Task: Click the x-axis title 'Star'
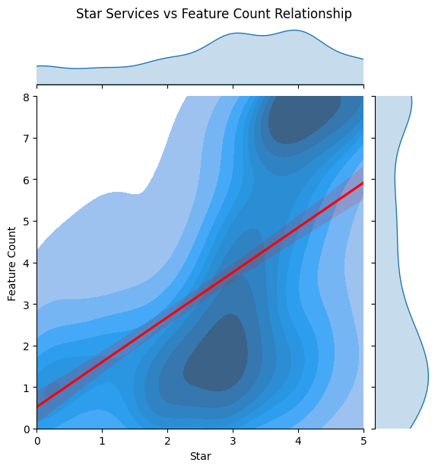pyautogui.click(x=200, y=456)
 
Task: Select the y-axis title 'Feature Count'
pyautogui.click(x=12, y=263)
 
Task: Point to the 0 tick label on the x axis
pyautogui.click(x=36, y=441)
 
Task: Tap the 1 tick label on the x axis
pyautogui.click(x=102, y=441)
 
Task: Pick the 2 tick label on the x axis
pyautogui.click(x=167, y=441)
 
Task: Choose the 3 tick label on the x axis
pyautogui.click(x=233, y=441)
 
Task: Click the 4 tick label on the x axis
pyautogui.click(x=298, y=441)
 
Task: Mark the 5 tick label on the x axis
pyautogui.click(x=363, y=441)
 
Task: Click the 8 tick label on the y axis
pyautogui.click(x=27, y=97)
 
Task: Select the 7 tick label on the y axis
pyautogui.click(x=27, y=139)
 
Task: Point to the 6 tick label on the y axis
pyautogui.click(x=27, y=180)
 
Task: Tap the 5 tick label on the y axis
pyautogui.click(x=27, y=222)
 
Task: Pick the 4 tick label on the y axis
pyautogui.click(x=27, y=263)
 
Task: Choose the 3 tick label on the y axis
pyautogui.click(x=27, y=305)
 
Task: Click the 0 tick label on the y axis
pyautogui.click(x=27, y=429)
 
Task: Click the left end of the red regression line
pyautogui.click(x=38, y=406)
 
